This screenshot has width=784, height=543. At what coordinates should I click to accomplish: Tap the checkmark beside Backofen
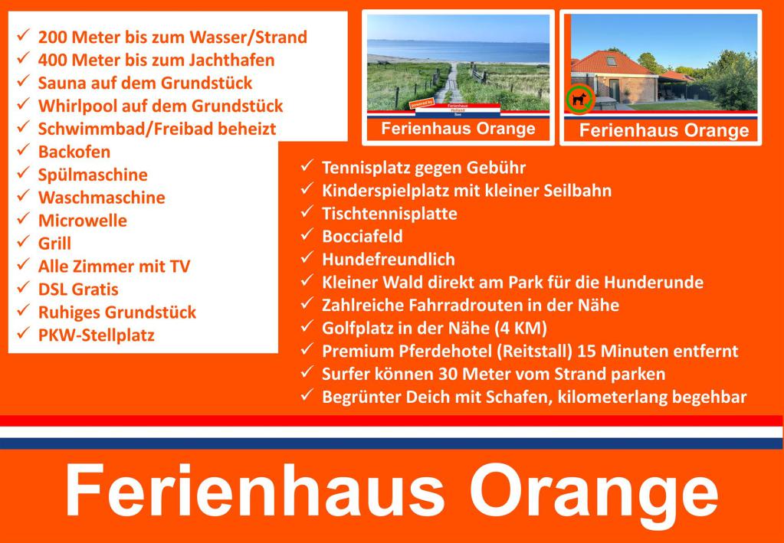click(x=23, y=149)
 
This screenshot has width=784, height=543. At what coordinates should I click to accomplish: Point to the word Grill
click(x=54, y=244)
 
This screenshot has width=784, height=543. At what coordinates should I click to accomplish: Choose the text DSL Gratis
click(x=78, y=289)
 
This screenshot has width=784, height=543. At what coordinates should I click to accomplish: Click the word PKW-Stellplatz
click(x=97, y=335)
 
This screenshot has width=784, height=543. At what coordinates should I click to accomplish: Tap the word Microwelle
click(x=83, y=221)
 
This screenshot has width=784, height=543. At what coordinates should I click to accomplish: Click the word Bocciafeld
click(x=362, y=237)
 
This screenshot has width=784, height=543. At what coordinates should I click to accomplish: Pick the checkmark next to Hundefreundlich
click(x=307, y=258)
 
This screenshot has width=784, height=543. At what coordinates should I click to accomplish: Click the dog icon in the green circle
click(x=580, y=98)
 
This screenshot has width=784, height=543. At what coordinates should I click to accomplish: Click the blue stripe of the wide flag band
click(x=392, y=443)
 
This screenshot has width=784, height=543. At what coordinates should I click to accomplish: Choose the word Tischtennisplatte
click(x=389, y=214)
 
